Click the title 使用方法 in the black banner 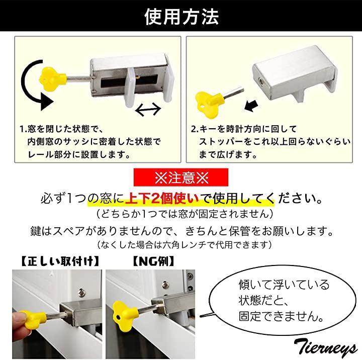[182, 17]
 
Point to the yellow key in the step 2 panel [209, 103]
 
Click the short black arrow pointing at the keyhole [251, 106]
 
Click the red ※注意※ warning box [181, 177]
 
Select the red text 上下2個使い [162, 199]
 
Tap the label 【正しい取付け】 [60, 261]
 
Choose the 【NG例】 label [153, 261]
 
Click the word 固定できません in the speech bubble [281, 316]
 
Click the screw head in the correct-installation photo [82, 292]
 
